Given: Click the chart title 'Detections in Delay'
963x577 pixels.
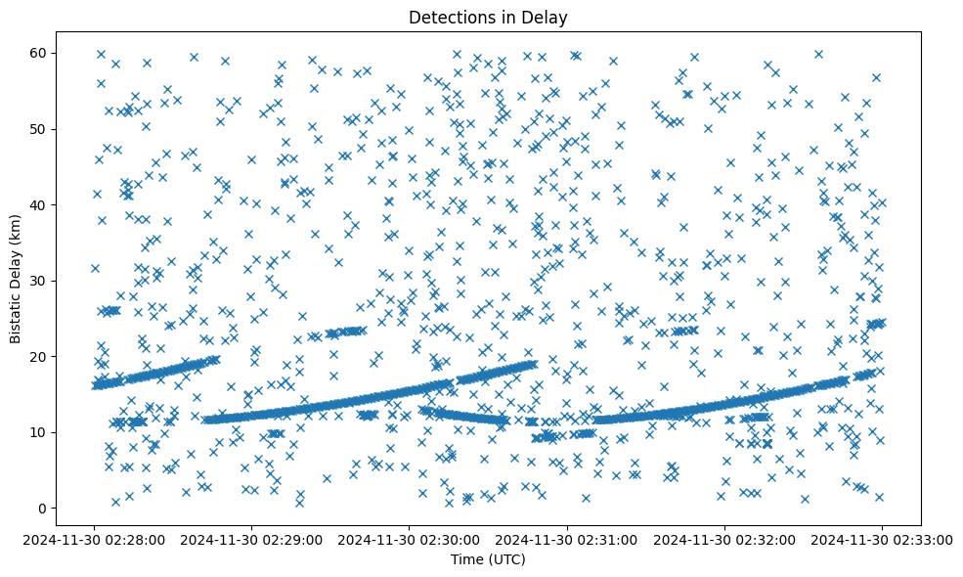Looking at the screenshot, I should pos(488,17).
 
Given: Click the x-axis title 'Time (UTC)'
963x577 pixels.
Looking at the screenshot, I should pos(488,559).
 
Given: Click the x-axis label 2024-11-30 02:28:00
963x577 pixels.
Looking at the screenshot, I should pos(95,538).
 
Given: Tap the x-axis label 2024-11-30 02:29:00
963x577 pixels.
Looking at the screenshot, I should pos(252,538).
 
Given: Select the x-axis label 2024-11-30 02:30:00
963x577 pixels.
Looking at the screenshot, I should pos(410,538).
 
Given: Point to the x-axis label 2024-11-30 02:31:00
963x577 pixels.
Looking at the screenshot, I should pos(567,538).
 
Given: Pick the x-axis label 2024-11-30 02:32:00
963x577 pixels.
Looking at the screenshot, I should pos(724,538).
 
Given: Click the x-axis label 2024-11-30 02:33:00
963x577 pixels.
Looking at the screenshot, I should pos(882,538).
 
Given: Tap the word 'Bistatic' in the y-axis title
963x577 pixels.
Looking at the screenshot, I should pos(16,314).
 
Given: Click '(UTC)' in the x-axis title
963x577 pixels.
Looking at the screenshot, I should pos(506,559).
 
